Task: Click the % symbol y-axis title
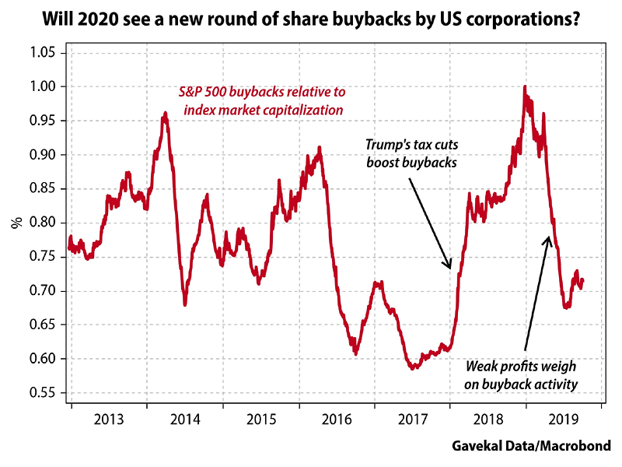tap(16, 223)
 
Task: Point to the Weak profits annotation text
tap(522, 374)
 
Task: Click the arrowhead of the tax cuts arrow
tap(449, 269)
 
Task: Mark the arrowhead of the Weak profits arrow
tap(549, 238)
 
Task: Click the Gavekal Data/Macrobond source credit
tap(531, 446)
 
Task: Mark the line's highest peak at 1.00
tap(526, 86)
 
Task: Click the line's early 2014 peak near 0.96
tap(165, 114)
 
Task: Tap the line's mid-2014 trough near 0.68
tap(185, 304)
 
